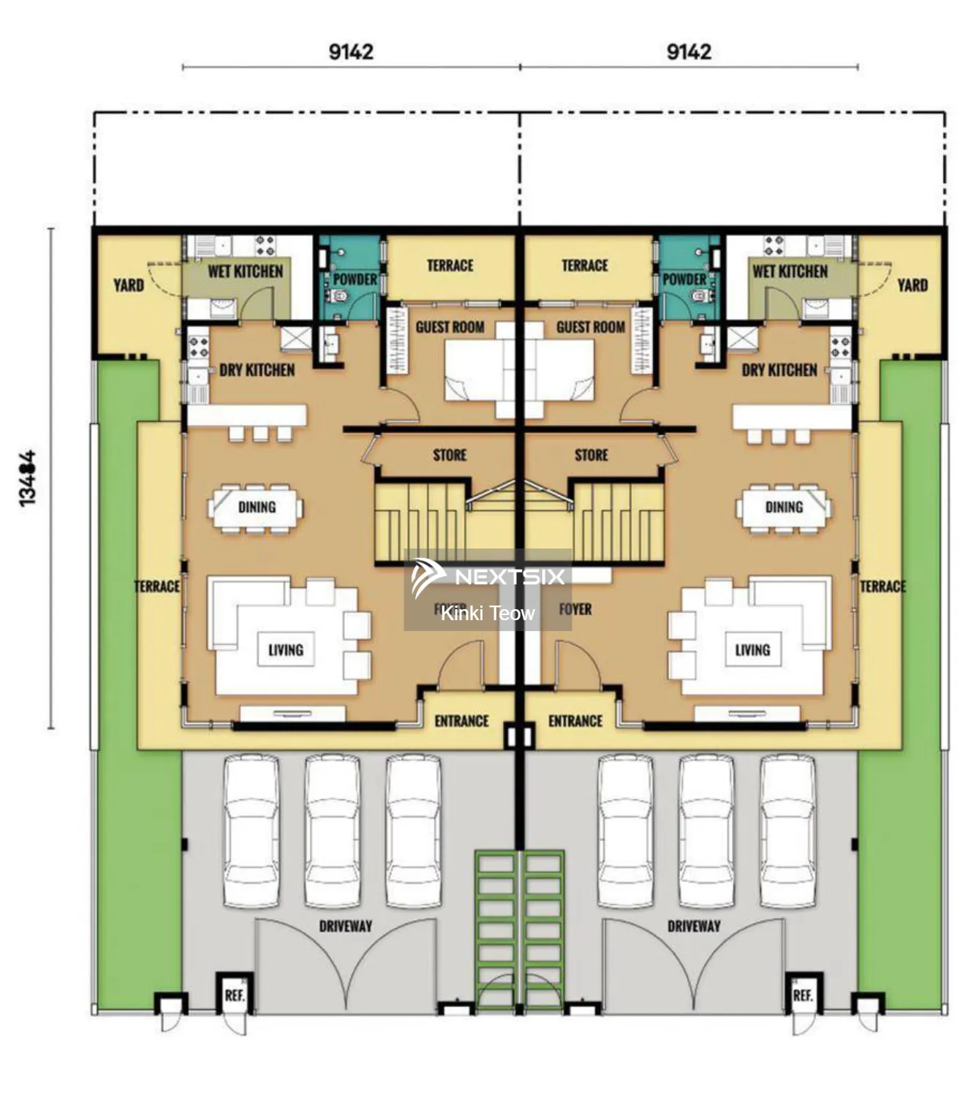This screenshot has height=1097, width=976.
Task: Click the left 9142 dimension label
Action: pyautogui.click(x=351, y=52)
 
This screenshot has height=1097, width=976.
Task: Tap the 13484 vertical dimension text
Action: pyautogui.click(x=27, y=478)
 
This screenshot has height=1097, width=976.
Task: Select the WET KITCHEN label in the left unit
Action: pyautogui.click(x=245, y=271)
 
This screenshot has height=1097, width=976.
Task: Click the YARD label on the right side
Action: pyautogui.click(x=912, y=284)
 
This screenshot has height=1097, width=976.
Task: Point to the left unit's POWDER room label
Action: pyautogui.click(x=355, y=279)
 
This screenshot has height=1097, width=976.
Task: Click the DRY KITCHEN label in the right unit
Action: pyautogui.click(x=779, y=370)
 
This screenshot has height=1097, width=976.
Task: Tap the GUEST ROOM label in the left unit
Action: pyautogui.click(x=450, y=327)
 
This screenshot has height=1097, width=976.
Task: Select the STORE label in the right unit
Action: pyautogui.click(x=591, y=455)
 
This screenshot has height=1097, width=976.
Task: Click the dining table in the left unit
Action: pyautogui.click(x=256, y=507)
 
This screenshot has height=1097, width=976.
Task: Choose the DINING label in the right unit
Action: pyautogui.click(x=784, y=507)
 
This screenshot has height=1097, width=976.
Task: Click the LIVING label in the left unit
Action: pyautogui.click(x=285, y=649)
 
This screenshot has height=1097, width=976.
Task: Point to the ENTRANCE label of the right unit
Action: pyautogui.click(x=575, y=721)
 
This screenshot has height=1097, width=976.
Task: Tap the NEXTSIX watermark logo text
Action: pyautogui.click(x=510, y=577)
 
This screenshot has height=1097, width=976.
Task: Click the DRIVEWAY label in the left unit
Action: pyautogui.click(x=345, y=926)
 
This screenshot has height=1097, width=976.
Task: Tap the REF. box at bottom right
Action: pyautogui.click(x=802, y=995)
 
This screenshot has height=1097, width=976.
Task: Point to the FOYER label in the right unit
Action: pyautogui.click(x=575, y=609)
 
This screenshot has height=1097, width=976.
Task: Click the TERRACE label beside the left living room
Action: pyautogui.click(x=157, y=587)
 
